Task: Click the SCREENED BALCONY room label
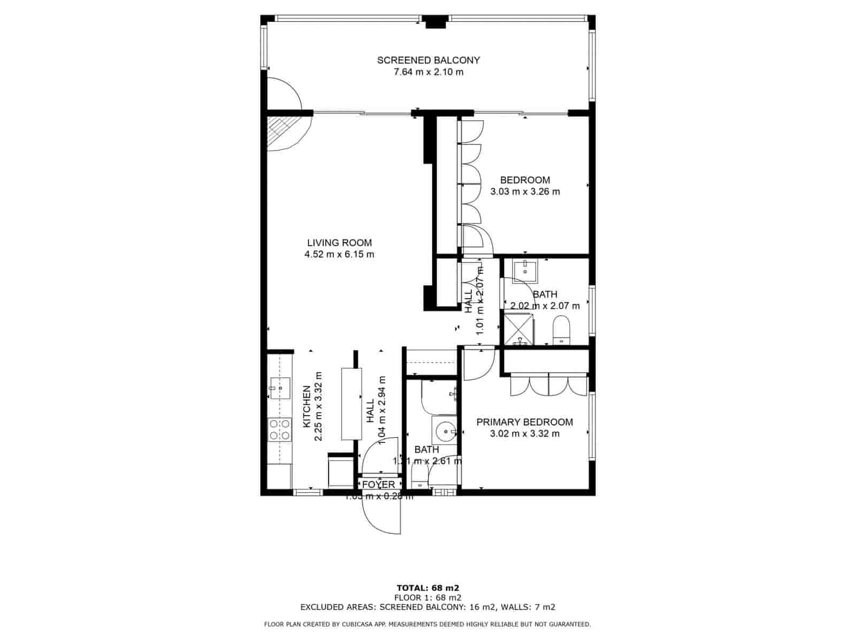428,60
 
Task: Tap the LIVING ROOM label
339,242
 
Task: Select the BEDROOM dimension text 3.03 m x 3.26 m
525,192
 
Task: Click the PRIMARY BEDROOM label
524,422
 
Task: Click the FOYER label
378,484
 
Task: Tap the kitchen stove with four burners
280,430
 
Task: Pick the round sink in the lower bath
445,430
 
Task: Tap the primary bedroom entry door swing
478,364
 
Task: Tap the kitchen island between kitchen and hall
351,404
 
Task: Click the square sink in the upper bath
525,271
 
